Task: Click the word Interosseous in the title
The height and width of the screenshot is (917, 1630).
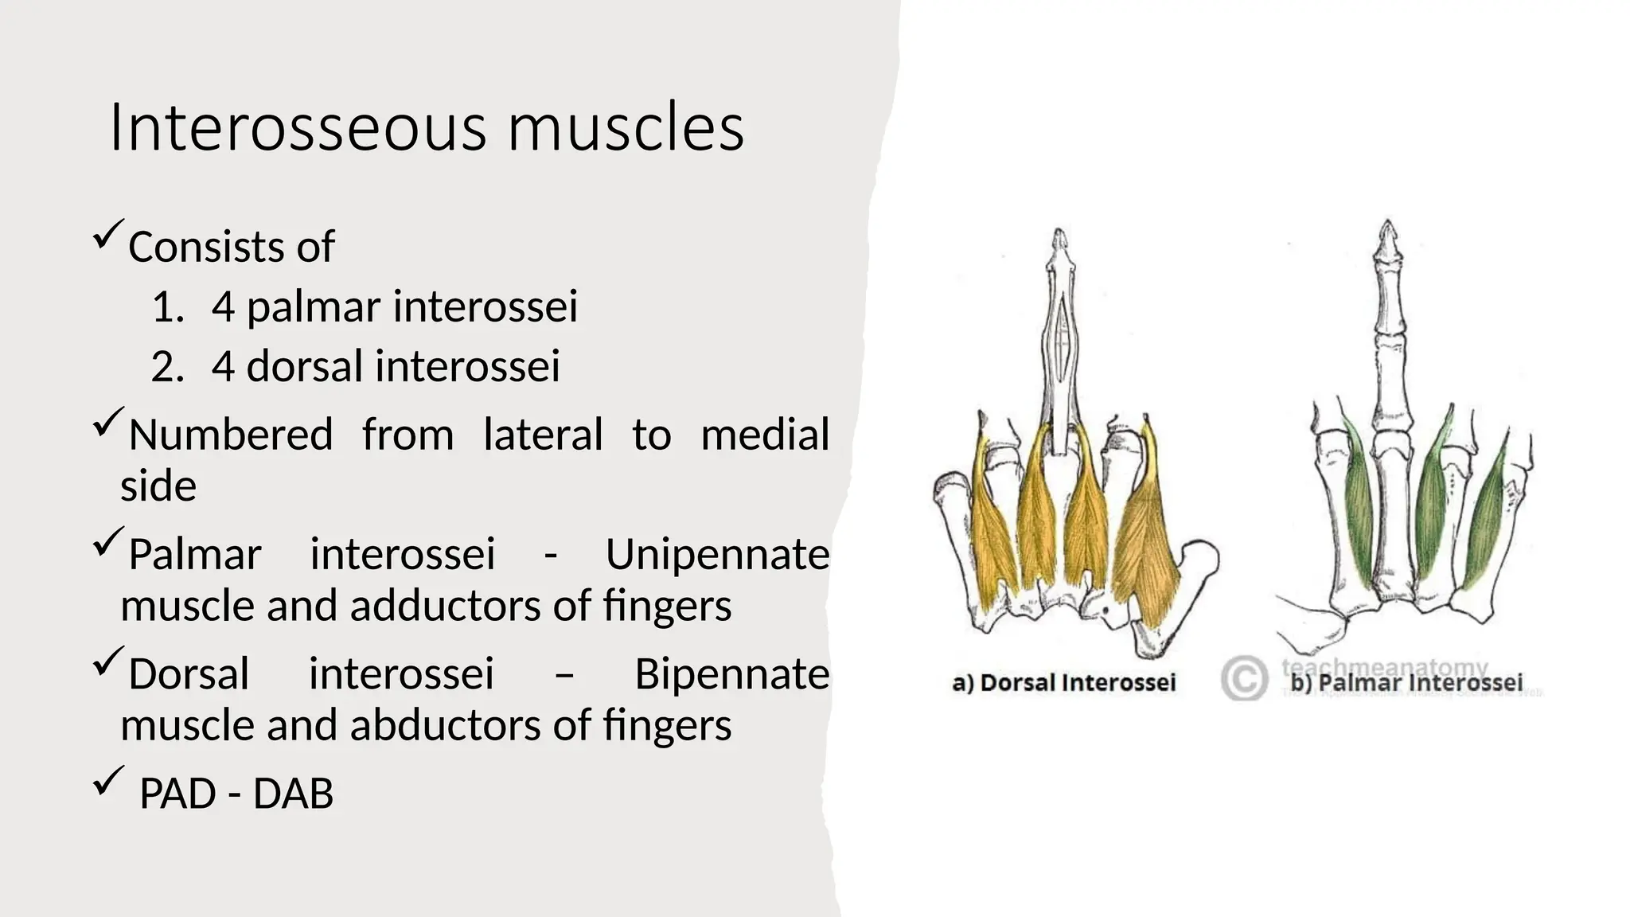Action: (296, 127)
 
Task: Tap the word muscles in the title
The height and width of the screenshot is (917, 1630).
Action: (626, 127)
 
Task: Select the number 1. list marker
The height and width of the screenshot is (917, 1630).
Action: (167, 307)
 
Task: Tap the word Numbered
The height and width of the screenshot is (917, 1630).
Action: (231, 435)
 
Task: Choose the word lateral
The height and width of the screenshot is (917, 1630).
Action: (543, 435)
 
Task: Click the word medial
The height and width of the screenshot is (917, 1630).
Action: (765, 435)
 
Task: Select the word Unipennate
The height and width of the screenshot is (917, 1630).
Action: (717, 554)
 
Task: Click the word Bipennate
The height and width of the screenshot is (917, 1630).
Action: (731, 674)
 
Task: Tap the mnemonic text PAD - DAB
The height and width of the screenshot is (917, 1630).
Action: (236, 794)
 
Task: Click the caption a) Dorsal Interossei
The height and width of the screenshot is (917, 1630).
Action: (1063, 683)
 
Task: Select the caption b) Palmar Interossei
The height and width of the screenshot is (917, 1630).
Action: (1406, 683)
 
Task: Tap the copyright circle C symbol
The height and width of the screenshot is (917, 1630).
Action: (1243, 678)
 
